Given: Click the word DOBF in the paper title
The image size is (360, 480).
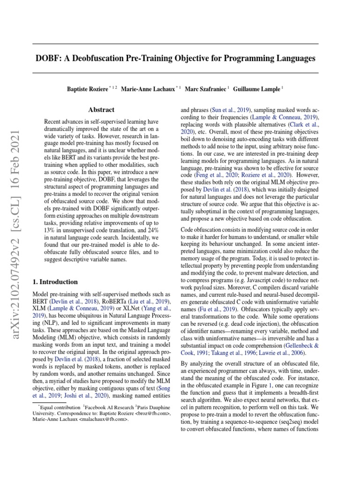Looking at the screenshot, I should point(49,59).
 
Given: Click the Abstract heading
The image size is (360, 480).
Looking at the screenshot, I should point(101,110).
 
